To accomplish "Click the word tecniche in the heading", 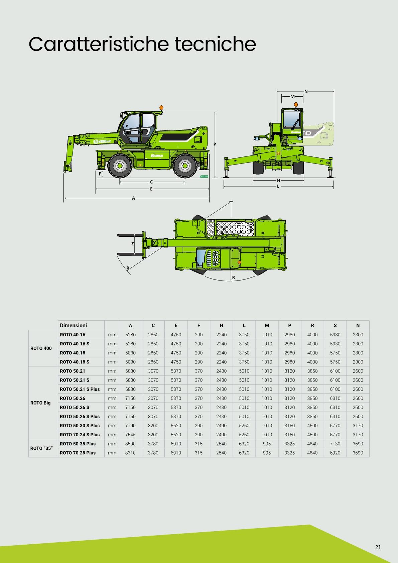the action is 215,44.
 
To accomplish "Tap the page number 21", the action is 378,547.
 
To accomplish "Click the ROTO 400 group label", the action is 41,348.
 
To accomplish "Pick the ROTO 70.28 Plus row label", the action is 78,453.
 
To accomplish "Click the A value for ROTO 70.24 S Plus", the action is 130,435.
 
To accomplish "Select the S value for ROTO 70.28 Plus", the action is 335,453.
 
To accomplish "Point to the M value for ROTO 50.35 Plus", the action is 267,444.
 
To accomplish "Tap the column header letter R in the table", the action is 312,326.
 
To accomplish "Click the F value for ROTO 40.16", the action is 198,335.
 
